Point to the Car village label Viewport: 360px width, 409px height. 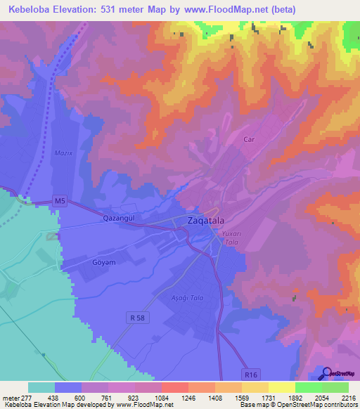click(248, 140)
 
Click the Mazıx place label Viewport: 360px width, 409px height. click(63, 152)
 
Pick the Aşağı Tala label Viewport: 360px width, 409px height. click(188, 298)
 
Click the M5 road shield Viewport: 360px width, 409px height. click(61, 202)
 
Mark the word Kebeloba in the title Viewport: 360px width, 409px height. click(29, 10)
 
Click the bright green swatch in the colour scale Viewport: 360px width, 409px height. click(308, 387)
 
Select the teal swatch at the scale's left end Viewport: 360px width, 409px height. click(41, 387)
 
